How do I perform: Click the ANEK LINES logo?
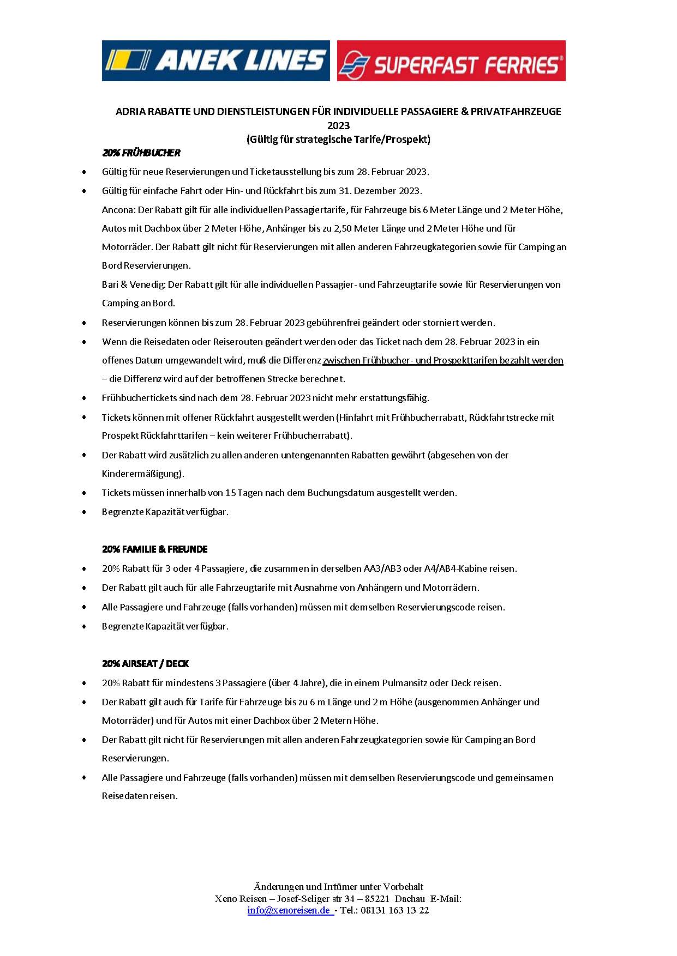215,60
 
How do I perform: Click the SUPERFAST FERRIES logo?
451,61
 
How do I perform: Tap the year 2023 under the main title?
338,125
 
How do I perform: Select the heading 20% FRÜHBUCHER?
141,153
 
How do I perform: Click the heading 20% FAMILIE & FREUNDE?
155,549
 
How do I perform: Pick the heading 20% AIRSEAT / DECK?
145,663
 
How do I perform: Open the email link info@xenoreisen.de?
289,910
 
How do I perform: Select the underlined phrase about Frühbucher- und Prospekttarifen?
443,360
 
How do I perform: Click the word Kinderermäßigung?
142,473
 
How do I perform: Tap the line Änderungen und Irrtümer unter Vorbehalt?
338,887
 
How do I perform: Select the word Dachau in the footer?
410,899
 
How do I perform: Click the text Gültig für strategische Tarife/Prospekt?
338,139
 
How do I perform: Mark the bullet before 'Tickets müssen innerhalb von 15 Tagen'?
84,493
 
